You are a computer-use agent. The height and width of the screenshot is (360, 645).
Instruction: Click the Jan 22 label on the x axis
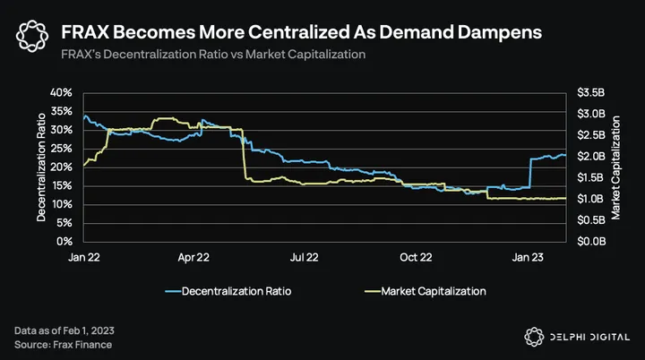click(x=84, y=257)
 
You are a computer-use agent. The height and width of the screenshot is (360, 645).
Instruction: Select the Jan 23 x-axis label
click(x=528, y=257)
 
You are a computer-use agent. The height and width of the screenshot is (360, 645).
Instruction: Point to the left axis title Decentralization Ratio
click(x=41, y=167)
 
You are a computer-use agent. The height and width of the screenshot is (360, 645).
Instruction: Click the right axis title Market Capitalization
click(x=617, y=167)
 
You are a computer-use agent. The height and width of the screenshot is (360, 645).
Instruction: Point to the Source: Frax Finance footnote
click(x=64, y=344)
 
